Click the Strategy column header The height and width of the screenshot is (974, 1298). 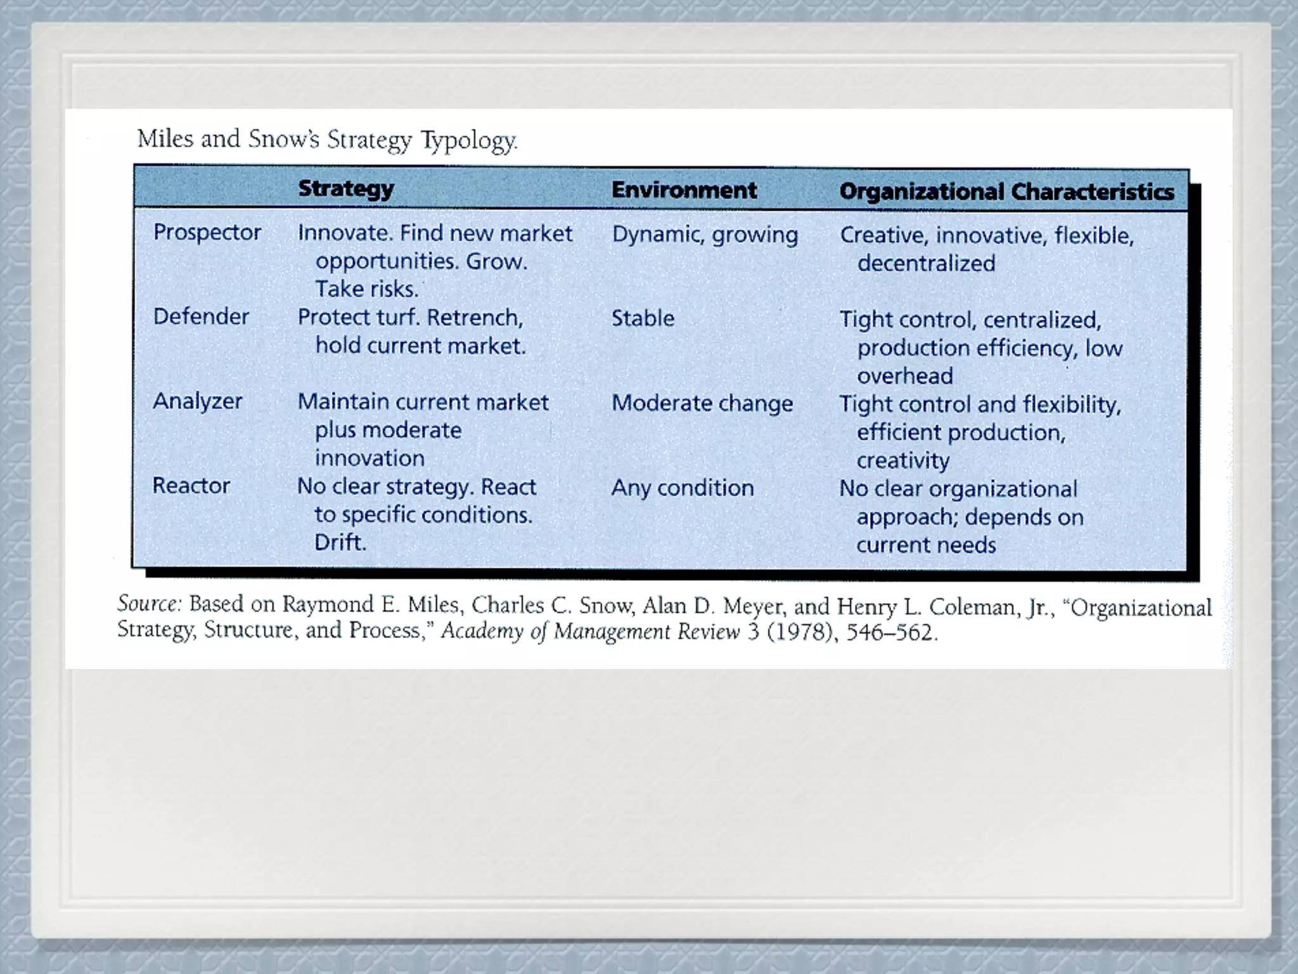(x=346, y=188)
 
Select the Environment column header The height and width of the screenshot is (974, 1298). (x=684, y=190)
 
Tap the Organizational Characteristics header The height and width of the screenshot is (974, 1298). (x=1006, y=192)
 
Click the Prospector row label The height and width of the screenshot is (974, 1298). (x=207, y=232)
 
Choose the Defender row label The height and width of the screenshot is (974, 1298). (x=201, y=316)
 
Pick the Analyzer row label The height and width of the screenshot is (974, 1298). (x=198, y=401)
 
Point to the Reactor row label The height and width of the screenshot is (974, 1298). (x=191, y=486)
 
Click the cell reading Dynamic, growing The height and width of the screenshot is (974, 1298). (x=705, y=235)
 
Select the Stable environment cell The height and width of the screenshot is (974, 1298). (x=643, y=318)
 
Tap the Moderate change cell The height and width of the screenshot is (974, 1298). (x=702, y=403)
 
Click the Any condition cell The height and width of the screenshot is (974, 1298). (x=683, y=488)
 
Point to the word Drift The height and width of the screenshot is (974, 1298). (x=340, y=543)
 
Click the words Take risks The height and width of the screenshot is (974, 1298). (x=367, y=289)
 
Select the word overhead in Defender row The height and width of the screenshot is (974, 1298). (x=904, y=376)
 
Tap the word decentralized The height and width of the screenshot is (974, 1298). (x=926, y=263)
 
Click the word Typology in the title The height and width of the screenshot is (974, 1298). (x=469, y=141)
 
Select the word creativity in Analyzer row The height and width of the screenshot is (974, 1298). (x=903, y=461)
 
